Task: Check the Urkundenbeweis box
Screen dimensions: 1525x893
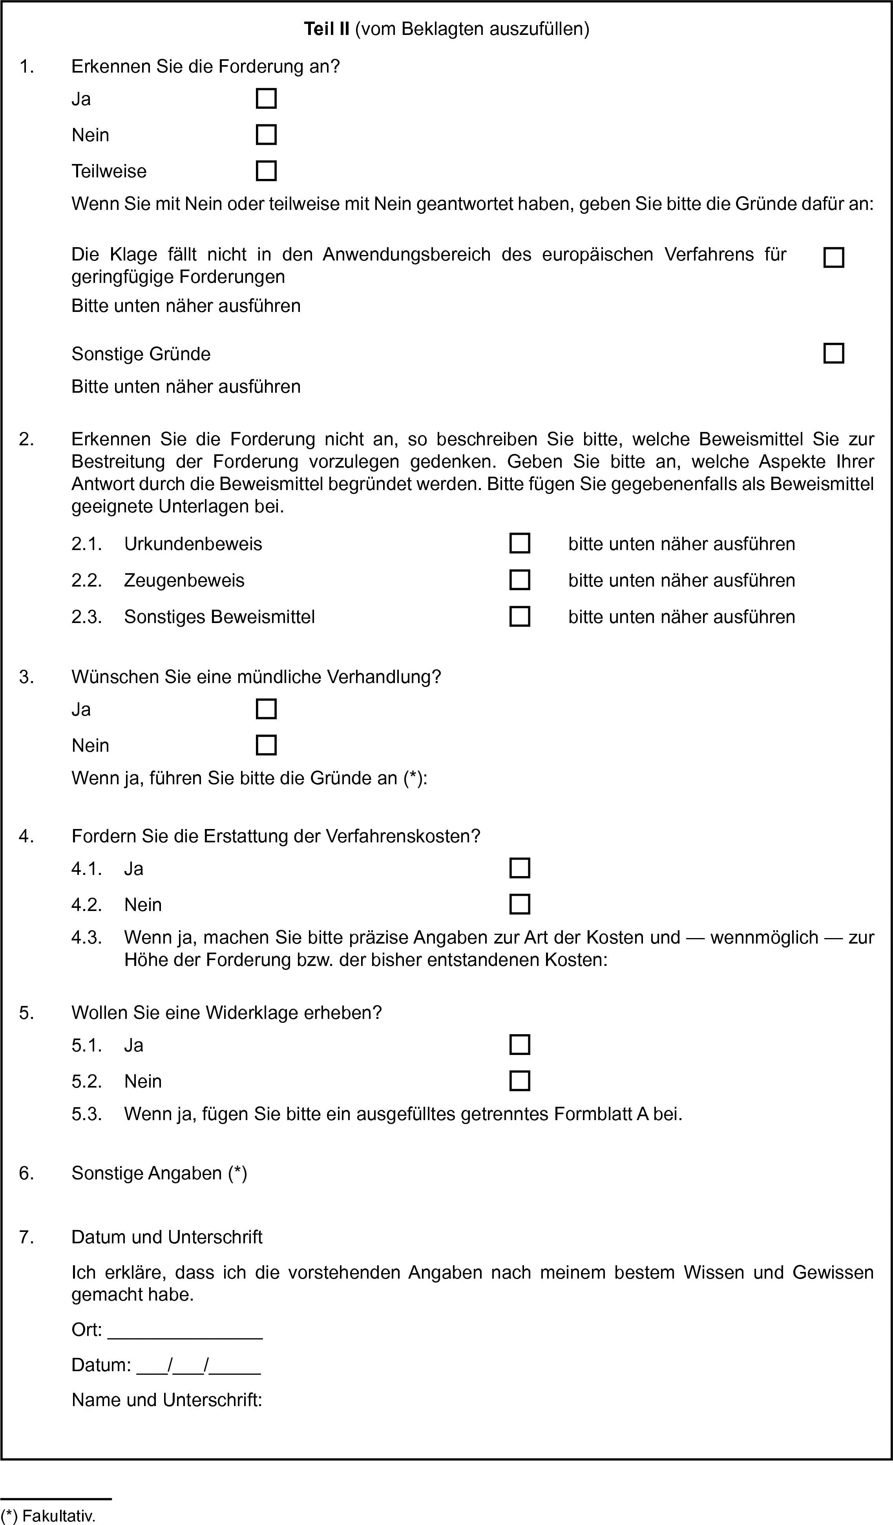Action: click(519, 543)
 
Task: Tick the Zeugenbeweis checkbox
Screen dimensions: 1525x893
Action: click(519, 580)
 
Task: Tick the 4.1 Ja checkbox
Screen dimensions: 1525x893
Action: click(519, 868)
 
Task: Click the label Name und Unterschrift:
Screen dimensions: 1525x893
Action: click(166, 1400)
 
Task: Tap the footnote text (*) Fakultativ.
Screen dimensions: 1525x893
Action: click(48, 1511)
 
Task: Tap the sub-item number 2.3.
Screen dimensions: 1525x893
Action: click(86, 617)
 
